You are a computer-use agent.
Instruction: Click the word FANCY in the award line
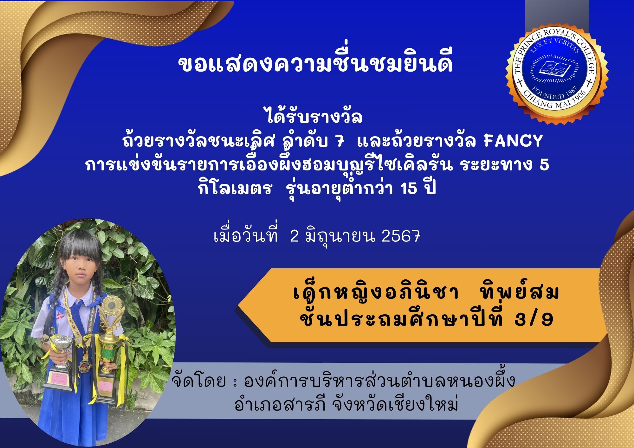[513, 141]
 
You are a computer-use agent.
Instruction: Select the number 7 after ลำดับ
[340, 141]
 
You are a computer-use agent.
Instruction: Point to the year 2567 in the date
[401, 236]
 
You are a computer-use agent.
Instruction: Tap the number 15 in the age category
[409, 189]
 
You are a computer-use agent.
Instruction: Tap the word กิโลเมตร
[235, 189]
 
